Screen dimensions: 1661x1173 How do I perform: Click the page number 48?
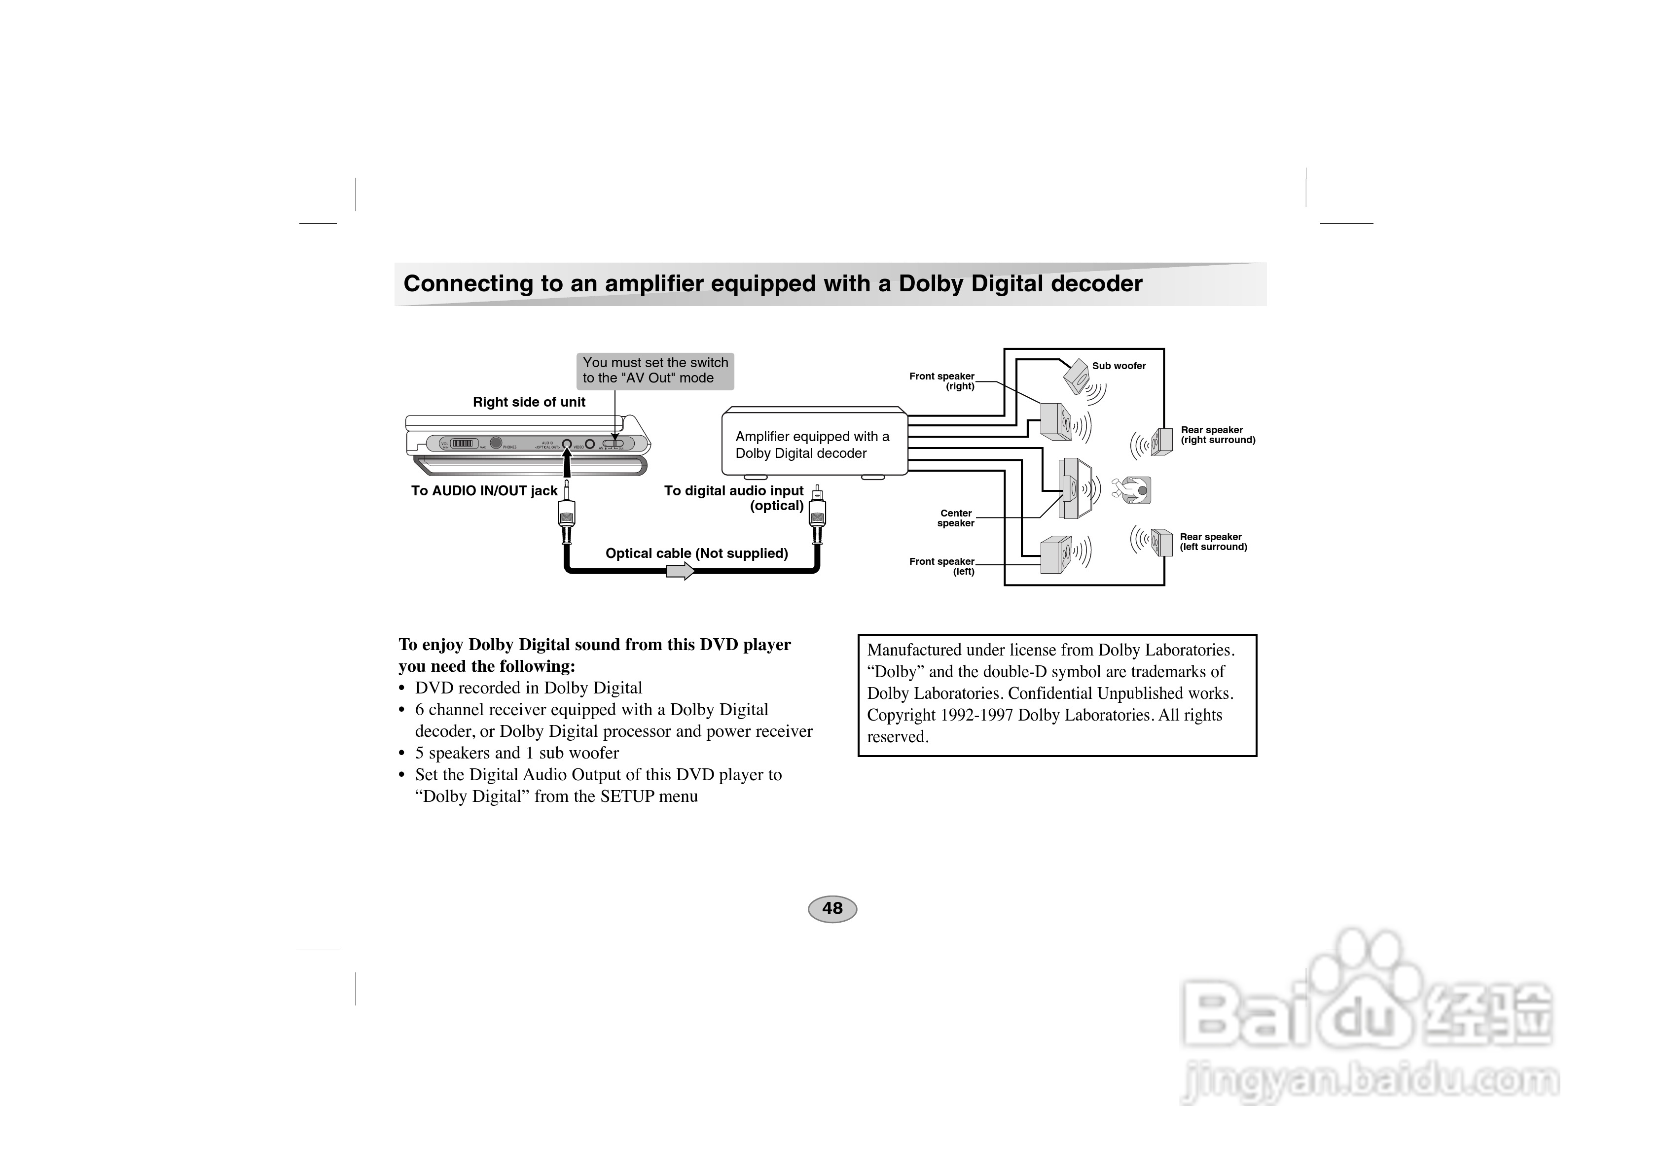point(832,908)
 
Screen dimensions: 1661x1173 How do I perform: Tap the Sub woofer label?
point(1119,366)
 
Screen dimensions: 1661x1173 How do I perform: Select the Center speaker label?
point(956,518)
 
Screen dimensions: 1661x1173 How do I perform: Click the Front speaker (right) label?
point(942,381)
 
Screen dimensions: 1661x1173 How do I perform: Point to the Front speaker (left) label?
point(942,566)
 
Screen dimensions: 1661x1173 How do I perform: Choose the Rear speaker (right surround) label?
point(1218,435)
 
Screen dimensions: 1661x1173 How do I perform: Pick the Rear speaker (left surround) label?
point(1213,542)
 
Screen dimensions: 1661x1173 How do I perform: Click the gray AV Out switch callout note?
point(655,370)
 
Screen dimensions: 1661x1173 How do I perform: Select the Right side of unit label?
point(529,402)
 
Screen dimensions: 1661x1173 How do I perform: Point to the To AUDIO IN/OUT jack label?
point(484,491)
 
